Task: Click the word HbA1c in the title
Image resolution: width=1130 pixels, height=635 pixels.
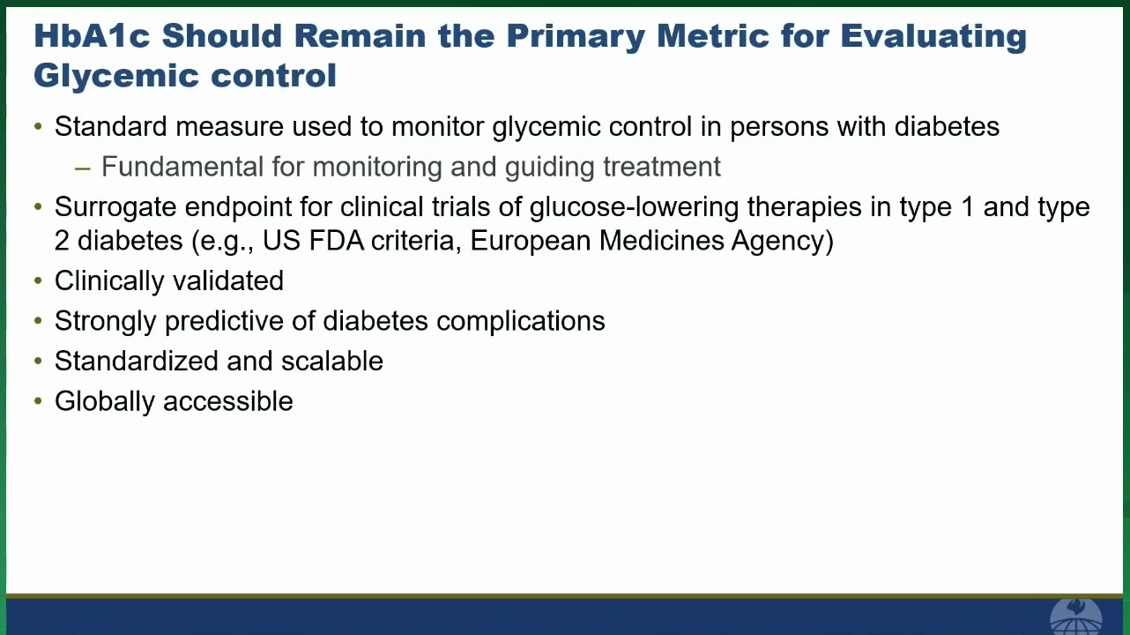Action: click(x=92, y=36)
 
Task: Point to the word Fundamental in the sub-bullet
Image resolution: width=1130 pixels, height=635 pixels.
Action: click(x=182, y=167)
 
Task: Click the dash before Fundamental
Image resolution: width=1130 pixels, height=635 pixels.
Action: click(x=82, y=168)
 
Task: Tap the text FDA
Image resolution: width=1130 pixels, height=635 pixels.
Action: click(x=336, y=240)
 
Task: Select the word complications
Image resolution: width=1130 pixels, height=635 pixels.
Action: click(x=521, y=322)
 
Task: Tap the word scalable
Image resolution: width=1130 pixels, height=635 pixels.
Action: click(x=332, y=361)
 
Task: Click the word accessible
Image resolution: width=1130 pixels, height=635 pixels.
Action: click(x=228, y=401)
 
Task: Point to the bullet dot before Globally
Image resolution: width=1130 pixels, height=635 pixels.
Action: click(x=38, y=401)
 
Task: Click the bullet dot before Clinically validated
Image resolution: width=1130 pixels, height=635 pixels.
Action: click(x=38, y=280)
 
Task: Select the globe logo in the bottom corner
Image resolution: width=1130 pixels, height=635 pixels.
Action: click(x=1075, y=616)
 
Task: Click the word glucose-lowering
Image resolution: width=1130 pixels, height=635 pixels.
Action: click(x=634, y=208)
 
